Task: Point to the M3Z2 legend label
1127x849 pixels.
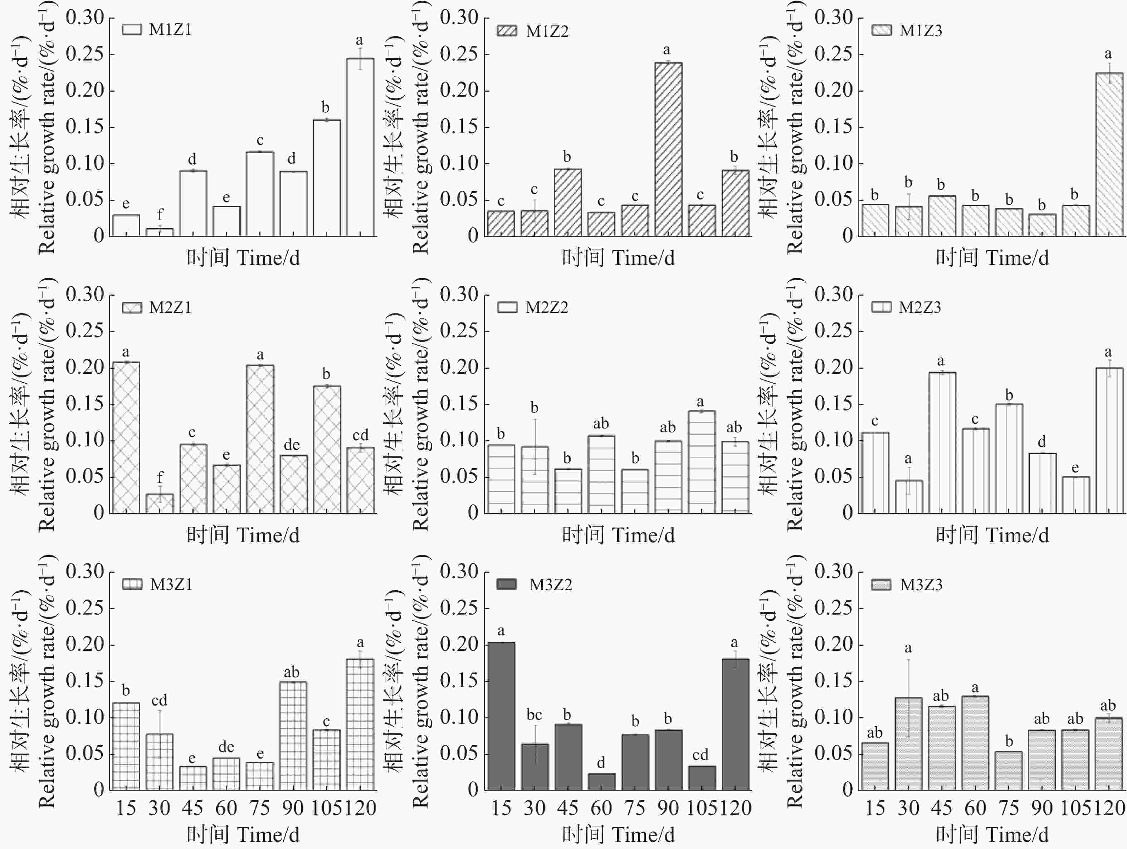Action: [x=550, y=584]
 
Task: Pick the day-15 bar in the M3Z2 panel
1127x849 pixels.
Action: [x=501, y=715]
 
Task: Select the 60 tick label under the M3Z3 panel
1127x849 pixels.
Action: [x=975, y=808]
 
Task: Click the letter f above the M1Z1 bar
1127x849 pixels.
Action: [x=160, y=214]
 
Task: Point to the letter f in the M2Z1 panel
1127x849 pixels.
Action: [x=160, y=477]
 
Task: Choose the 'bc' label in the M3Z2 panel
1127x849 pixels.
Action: [x=534, y=715]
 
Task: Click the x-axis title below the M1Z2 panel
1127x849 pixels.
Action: [x=618, y=258]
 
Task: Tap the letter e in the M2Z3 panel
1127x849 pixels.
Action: [x=1075, y=468]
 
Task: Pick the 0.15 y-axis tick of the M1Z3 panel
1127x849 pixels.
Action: [x=834, y=127]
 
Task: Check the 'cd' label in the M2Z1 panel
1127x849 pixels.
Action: [x=360, y=435]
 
